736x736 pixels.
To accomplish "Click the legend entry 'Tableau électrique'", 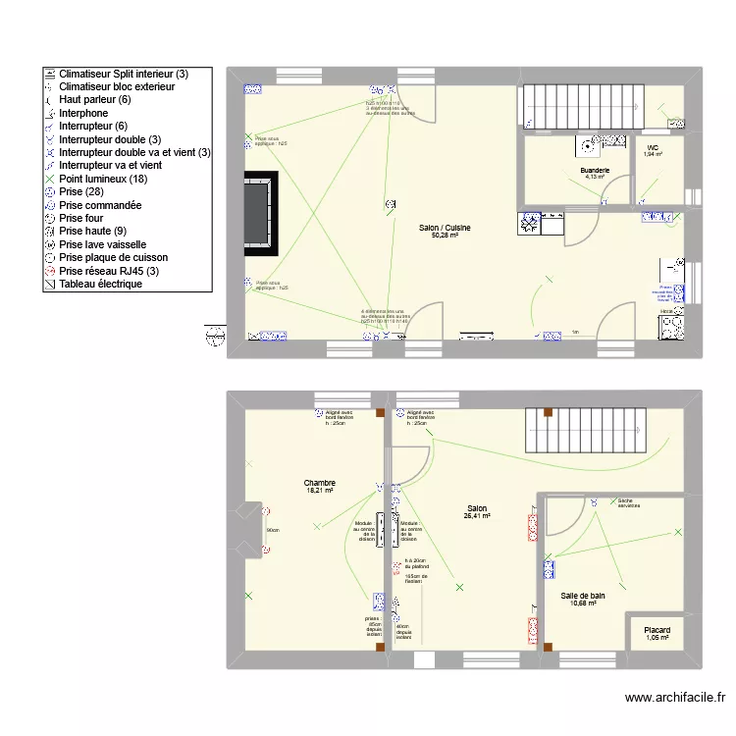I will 100,284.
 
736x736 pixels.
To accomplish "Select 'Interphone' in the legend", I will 83,113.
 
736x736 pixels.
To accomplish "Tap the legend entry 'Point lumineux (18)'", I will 103,179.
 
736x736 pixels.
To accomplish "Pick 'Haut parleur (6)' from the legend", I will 94,99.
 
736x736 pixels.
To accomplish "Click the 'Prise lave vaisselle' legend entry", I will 103,244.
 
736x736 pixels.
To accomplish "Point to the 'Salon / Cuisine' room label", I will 445,228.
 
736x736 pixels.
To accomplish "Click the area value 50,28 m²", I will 445,237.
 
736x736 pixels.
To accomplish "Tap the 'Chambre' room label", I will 320,483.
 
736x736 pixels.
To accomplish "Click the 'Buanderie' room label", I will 595,170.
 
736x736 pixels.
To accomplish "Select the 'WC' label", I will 653,147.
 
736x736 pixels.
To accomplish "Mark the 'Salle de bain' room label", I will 583,596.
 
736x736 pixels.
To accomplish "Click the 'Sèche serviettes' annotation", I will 628,502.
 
